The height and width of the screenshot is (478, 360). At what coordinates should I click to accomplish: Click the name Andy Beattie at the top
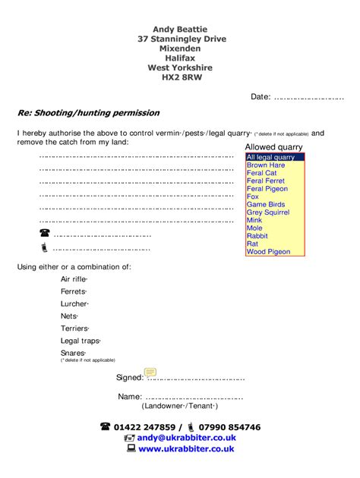(181, 29)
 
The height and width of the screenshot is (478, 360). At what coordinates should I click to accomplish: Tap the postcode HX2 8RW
(182, 77)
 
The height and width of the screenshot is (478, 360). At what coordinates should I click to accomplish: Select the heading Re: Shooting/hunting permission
(89, 113)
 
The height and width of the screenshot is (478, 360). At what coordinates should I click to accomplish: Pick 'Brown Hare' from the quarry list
(266, 165)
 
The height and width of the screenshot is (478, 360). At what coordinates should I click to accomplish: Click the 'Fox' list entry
(253, 197)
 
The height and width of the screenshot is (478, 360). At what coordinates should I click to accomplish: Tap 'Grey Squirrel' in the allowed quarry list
(268, 212)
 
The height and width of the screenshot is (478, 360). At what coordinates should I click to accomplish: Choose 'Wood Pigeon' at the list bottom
(268, 252)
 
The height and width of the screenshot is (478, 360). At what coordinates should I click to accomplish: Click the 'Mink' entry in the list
(254, 221)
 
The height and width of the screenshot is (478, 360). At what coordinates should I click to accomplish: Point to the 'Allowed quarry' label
(273, 147)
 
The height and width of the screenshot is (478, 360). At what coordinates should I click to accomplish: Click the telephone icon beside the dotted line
(43, 233)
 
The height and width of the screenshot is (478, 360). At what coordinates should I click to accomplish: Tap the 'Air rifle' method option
(74, 279)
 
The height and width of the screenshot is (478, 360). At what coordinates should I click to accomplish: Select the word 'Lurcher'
(74, 303)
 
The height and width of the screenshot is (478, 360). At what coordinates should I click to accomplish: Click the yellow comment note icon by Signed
(150, 372)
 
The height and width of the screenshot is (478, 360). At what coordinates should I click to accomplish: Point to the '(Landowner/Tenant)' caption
(180, 406)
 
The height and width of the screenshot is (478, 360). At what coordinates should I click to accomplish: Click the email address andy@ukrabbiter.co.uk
(187, 438)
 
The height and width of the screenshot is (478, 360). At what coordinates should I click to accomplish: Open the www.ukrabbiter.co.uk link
(186, 448)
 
